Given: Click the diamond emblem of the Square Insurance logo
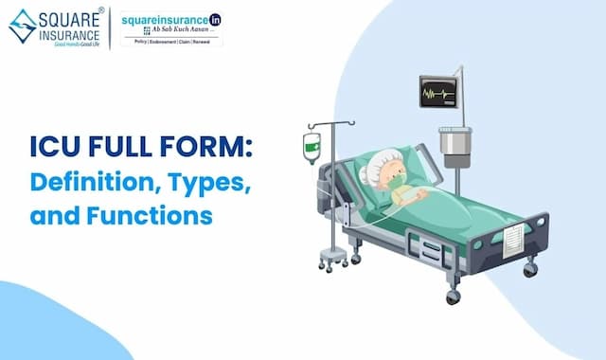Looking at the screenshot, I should (23, 27).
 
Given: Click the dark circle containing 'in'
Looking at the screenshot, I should (215, 18).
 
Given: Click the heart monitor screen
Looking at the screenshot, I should (438, 94).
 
